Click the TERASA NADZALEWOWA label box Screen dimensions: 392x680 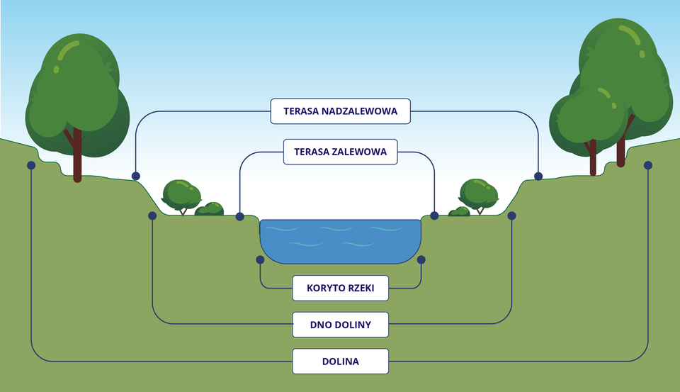coord(340,111)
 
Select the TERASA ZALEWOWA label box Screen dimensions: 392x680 coord(340,152)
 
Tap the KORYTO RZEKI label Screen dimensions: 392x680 coord(340,288)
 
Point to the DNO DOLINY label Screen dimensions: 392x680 coord(340,325)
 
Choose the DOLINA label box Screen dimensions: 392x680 coord(340,362)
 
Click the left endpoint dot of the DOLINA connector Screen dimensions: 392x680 coord(31,165)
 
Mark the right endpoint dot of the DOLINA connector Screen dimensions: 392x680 coord(647,165)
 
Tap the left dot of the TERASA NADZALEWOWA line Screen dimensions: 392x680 coord(135,176)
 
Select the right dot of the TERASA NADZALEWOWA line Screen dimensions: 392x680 coord(538,176)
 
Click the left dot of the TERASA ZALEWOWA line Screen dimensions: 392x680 coord(239,215)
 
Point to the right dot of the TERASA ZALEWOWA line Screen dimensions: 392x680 coord(434,215)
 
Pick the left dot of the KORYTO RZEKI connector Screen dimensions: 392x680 coord(260,259)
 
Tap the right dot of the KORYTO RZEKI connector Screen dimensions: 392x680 coord(421,259)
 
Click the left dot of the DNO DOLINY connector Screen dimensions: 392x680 coord(152,215)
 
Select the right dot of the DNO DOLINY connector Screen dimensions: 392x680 coord(511,215)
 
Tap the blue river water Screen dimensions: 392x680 coord(340,237)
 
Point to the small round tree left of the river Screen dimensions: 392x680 coord(180,193)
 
